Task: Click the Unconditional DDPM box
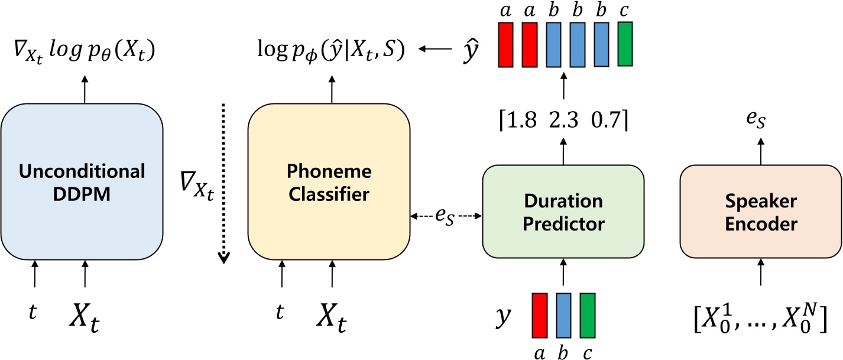pyautogui.click(x=82, y=180)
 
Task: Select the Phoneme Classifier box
pyautogui.click(x=329, y=180)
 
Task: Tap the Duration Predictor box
pyautogui.click(x=563, y=212)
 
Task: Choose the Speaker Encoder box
pyautogui.click(x=761, y=212)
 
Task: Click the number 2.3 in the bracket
pyautogui.click(x=564, y=121)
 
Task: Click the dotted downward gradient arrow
pyautogui.click(x=224, y=183)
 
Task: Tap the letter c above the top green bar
pyautogui.click(x=625, y=11)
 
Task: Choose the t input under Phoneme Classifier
pyautogui.click(x=280, y=312)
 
